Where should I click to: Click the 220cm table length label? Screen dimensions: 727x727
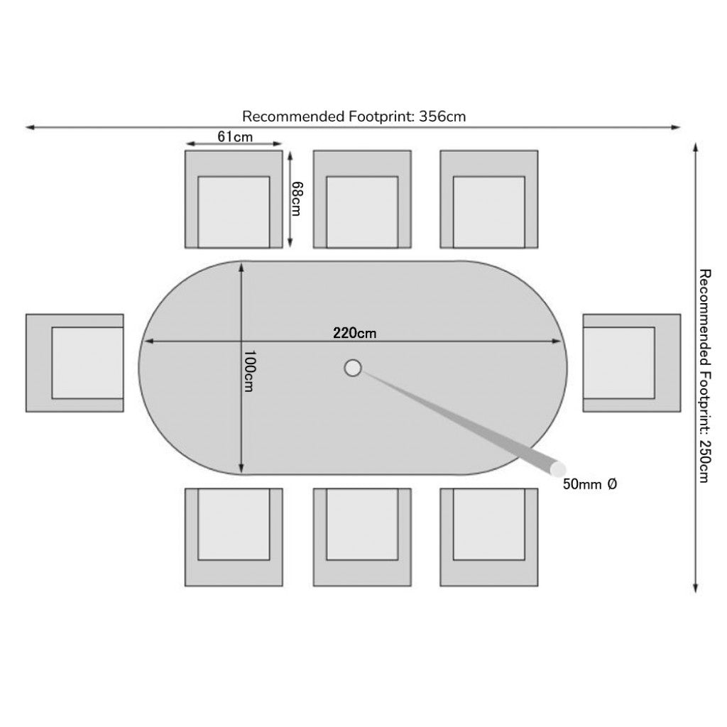click(x=355, y=333)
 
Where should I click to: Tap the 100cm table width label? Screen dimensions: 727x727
click(x=249, y=371)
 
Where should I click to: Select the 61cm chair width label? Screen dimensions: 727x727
click(x=235, y=137)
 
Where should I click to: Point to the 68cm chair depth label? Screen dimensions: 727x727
click(x=296, y=199)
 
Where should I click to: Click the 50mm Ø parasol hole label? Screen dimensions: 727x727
click(x=590, y=484)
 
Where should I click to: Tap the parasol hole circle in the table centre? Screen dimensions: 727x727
click(x=353, y=368)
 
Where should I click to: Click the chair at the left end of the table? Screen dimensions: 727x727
click(x=75, y=363)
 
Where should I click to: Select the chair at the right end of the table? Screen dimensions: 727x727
click(x=632, y=363)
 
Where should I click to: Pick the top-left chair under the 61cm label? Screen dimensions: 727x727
click(x=234, y=199)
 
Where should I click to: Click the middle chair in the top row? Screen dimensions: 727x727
click(x=362, y=199)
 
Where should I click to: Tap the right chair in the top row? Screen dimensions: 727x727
click(x=489, y=199)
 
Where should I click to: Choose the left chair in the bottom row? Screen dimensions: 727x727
click(x=234, y=537)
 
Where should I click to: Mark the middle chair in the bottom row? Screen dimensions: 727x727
click(x=362, y=537)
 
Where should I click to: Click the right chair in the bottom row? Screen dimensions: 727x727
click(x=489, y=537)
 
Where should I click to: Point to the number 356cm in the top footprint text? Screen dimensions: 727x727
click(x=442, y=116)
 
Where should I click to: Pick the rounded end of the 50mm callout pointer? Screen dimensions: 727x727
click(x=557, y=470)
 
